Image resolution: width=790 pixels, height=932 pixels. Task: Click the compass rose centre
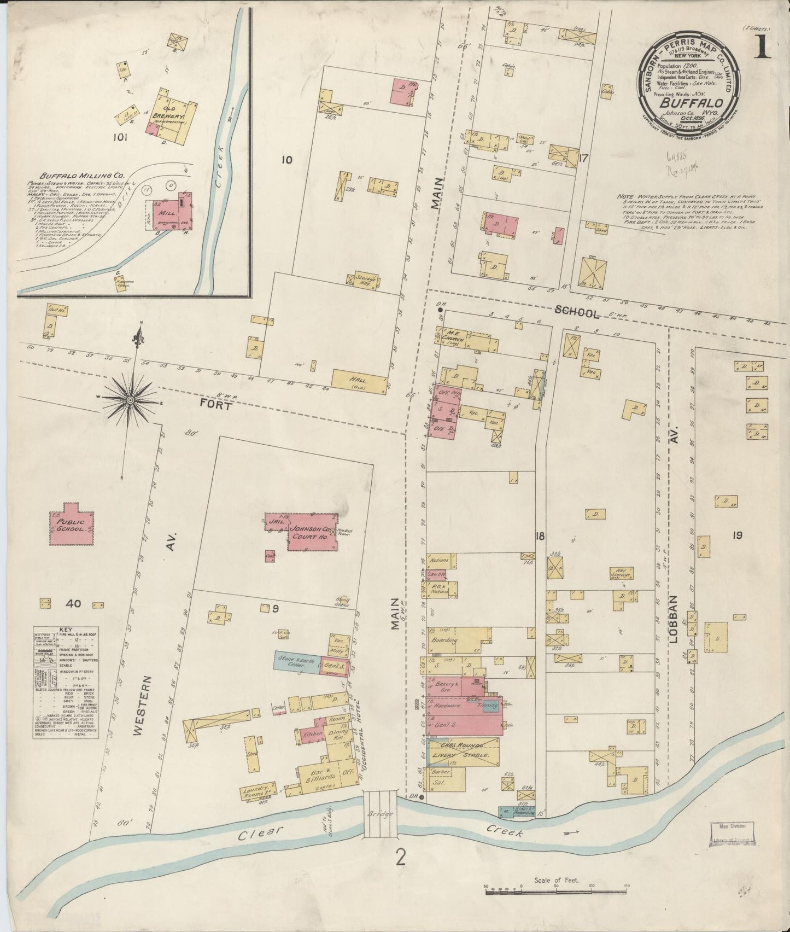[130, 400]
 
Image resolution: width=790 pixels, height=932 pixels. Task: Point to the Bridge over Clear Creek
[381, 815]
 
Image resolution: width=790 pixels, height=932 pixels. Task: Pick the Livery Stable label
[465, 754]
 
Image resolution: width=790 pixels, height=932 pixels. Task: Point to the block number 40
[73, 604]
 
